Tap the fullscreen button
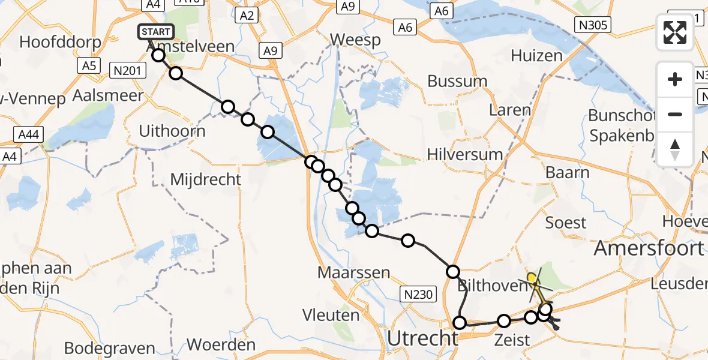tap(675, 32)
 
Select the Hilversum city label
tap(465, 154)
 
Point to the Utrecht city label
tap(422, 338)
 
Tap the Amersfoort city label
tap(648, 248)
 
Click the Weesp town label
tap(356, 41)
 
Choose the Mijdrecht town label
tap(206, 179)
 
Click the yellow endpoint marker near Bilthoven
tap(532, 278)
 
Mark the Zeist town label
tap(512, 340)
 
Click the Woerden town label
tap(221, 345)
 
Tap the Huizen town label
tap(536, 56)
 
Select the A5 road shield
tap(89, 65)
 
